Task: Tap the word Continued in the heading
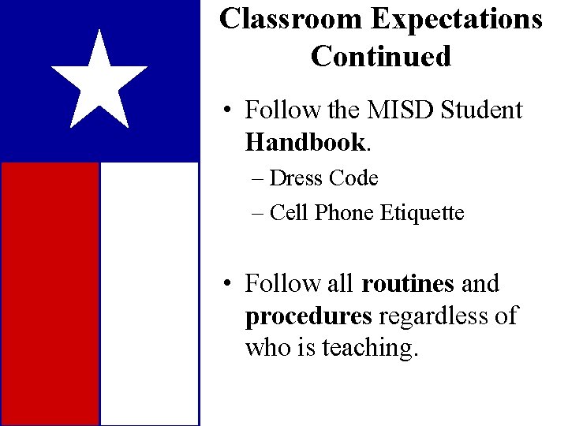pos(381,56)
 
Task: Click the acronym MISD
pos(397,110)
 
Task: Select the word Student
pos(480,110)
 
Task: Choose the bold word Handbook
pos(305,142)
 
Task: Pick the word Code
pos(354,178)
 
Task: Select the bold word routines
pos(408,283)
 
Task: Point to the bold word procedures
pos(308,316)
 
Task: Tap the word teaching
pos(376,347)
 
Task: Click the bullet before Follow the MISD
pos(226,111)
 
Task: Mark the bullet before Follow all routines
pos(226,284)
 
